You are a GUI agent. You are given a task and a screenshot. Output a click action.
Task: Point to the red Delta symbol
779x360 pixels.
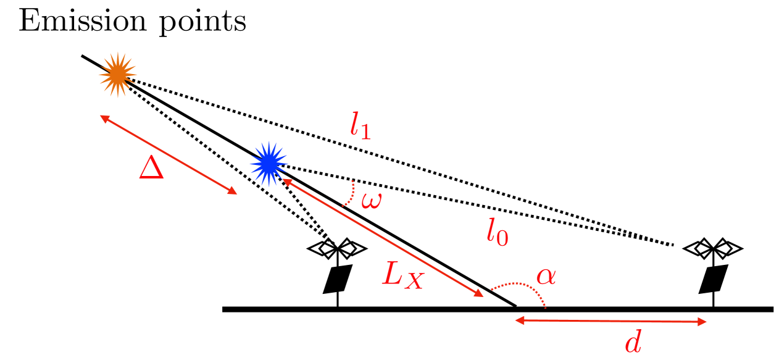pos(151,167)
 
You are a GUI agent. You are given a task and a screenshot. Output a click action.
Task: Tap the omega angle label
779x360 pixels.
pos(372,201)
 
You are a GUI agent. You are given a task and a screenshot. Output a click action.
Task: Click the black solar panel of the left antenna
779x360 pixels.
pos(338,279)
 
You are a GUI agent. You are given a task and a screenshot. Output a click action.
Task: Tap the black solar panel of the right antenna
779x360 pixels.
pos(714,279)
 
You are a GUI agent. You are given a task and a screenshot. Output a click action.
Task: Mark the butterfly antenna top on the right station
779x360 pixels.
pos(714,248)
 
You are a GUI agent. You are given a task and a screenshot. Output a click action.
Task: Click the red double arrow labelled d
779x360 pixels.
pos(610,320)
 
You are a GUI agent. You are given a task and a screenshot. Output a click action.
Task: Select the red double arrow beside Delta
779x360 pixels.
pos(169,154)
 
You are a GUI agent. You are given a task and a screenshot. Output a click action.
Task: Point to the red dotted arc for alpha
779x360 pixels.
pos(522,288)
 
